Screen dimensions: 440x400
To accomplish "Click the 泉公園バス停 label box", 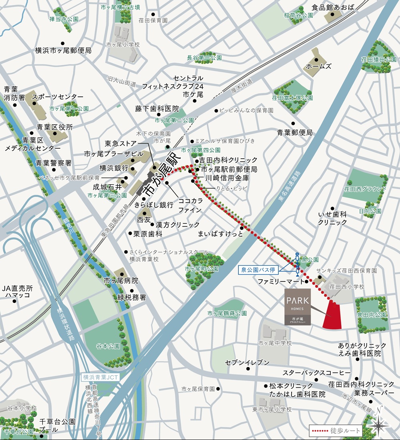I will coord(258,270).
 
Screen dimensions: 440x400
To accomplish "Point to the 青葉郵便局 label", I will coord(295,132).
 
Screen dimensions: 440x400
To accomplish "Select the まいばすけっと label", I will coord(221,234).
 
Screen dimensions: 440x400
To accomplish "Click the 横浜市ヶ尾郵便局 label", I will coord(63,51).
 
